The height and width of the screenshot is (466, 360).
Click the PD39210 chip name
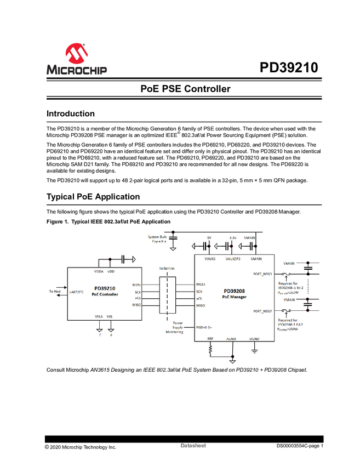pyautogui.click(x=104, y=288)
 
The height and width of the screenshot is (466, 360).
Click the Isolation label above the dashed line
pyautogui.click(x=167, y=269)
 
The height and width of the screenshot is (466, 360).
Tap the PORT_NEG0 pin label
pyautogui.click(x=262, y=274)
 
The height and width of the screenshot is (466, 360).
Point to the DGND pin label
pyautogui.click(x=254, y=339)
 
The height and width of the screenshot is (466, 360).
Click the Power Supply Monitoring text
pyautogui.click(x=174, y=327)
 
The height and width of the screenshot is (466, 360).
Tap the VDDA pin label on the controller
pyautogui.click(x=99, y=271)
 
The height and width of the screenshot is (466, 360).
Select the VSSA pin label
pyautogui.click(x=99, y=316)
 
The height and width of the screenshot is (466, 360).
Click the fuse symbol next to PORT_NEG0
pyautogui.click(x=285, y=274)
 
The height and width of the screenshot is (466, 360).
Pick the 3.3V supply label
pyautogui.click(x=232, y=238)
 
